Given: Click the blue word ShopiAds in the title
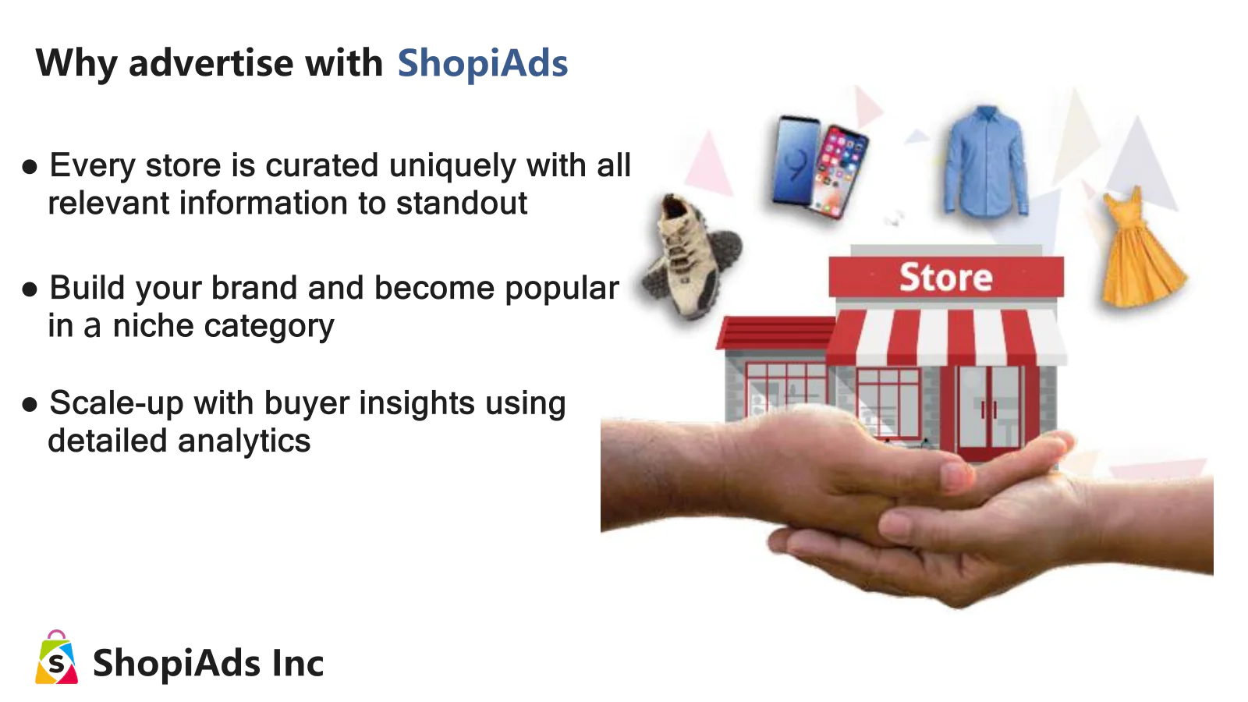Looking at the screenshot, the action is [483, 63].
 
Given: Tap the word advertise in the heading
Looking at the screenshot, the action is [211, 62].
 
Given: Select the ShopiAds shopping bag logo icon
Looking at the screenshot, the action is [56, 658].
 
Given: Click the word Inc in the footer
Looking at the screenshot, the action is [298, 663].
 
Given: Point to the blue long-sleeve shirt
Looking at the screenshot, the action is [985, 161].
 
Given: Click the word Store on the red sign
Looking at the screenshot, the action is [946, 278].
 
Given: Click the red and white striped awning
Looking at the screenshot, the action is [946, 336].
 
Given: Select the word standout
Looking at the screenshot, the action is [461, 203].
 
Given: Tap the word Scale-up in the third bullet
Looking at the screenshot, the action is [116, 403].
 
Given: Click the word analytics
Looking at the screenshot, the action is [244, 441].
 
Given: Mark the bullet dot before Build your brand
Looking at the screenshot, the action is [30, 289].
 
